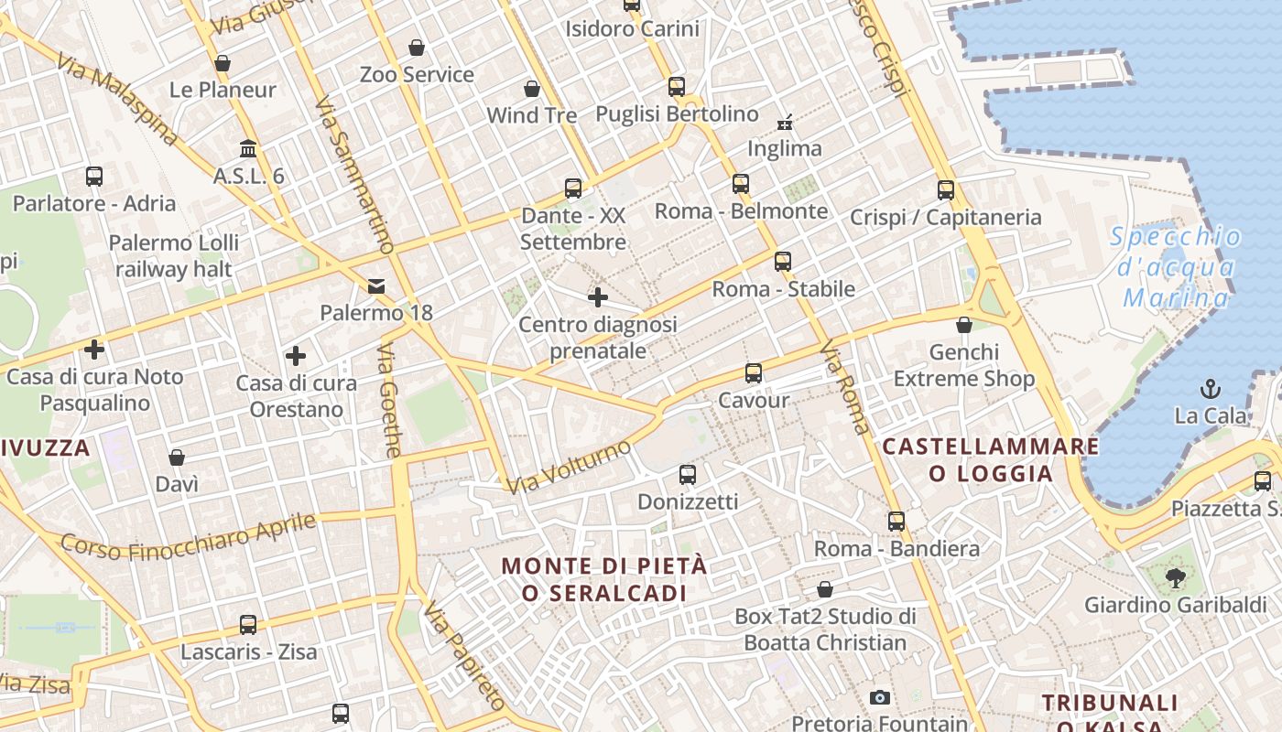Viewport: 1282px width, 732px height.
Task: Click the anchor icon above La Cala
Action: pos(1211,389)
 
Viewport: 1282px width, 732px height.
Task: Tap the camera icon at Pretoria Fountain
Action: pos(880,698)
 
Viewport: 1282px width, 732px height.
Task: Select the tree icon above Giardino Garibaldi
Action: pos(1176,578)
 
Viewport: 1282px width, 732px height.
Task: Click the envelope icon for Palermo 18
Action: pos(376,286)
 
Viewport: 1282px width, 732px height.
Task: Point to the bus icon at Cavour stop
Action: pos(754,373)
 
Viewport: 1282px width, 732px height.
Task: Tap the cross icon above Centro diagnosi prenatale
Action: pos(598,297)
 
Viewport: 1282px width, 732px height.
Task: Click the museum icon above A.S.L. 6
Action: pos(248,148)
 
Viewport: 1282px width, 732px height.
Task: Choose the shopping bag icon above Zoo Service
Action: pos(417,48)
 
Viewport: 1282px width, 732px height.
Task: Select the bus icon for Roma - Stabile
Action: pos(782,262)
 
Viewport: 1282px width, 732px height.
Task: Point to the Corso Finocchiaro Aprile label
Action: pos(189,537)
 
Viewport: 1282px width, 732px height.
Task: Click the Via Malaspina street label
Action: pos(116,99)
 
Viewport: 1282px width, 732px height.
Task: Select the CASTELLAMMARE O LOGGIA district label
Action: pos(990,459)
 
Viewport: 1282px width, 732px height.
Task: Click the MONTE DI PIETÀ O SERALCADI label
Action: pos(604,579)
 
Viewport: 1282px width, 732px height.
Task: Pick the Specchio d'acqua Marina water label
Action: pos(1176,267)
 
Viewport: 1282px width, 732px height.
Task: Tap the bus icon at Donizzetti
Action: pos(688,475)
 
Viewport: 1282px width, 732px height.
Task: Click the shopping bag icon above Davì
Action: pos(177,457)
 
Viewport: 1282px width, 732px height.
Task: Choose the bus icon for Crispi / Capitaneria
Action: pos(946,190)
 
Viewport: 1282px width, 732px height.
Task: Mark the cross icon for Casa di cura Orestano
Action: pos(296,356)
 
